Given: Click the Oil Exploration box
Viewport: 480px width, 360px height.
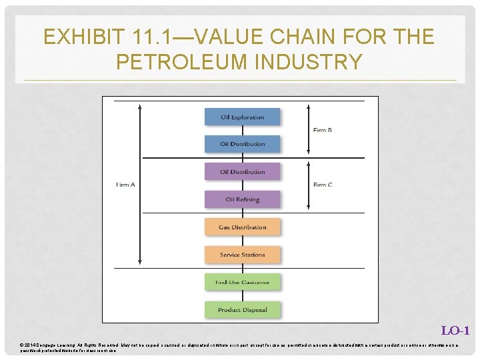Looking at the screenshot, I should coord(241,117).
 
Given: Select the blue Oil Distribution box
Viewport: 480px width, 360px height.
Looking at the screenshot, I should coord(241,144).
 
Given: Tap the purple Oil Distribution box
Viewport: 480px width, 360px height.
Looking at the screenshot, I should coord(241,172).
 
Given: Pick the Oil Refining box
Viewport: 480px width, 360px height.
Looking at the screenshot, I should coord(241,199).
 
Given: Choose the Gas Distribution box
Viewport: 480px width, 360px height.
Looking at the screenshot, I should coord(241,227).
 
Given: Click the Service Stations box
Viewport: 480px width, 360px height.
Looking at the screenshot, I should coord(241,255).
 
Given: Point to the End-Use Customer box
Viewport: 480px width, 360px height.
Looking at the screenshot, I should coord(241,283).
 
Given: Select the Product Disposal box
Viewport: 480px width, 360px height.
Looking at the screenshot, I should coord(241,310).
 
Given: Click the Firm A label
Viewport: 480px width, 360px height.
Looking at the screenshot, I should coord(125,185).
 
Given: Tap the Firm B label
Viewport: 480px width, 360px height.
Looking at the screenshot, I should coord(323,130).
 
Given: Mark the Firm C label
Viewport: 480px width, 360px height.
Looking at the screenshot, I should coord(323,185).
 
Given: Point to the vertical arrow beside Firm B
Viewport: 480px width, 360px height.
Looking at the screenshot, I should coord(309,130).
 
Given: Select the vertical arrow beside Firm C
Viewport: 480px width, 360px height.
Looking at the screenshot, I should coord(309,185).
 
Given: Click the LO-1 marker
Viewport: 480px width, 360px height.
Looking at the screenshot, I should coord(457,331).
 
